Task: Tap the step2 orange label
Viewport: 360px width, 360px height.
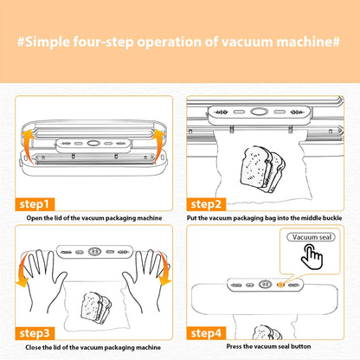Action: [x=207, y=203]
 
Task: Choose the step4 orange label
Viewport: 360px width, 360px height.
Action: [x=208, y=332]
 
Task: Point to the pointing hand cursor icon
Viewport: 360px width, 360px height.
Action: [x=312, y=257]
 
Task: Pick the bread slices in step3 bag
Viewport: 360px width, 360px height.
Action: [x=93, y=304]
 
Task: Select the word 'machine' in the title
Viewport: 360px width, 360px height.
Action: [x=292, y=42]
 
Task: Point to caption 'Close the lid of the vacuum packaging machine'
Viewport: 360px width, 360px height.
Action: [x=91, y=347]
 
